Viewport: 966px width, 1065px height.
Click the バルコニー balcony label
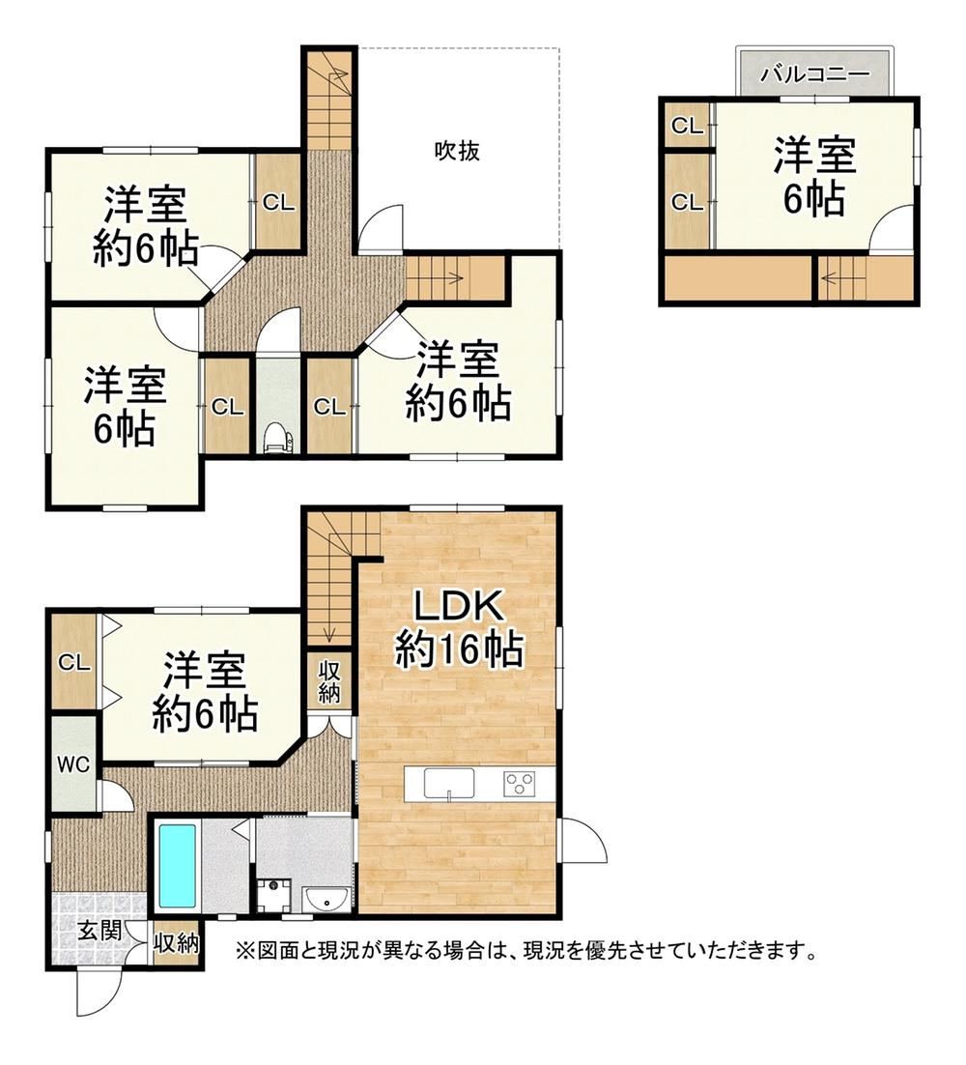tap(814, 74)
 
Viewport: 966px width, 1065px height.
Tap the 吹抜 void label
tap(458, 150)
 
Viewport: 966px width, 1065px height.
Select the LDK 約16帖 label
tap(459, 628)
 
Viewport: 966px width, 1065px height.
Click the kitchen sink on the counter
tap(449, 783)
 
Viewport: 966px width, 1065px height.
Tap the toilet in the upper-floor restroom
tap(278, 437)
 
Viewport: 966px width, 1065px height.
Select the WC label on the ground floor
tap(73, 764)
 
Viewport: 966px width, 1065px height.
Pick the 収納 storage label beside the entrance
tap(176, 942)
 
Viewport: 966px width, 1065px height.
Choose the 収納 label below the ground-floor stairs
tap(330, 681)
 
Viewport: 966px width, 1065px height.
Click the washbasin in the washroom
tap(327, 901)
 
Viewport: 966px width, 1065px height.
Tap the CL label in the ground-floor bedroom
tap(74, 662)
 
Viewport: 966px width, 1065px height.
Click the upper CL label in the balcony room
tap(687, 126)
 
